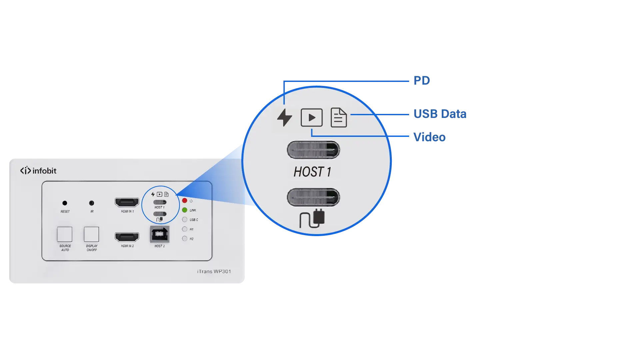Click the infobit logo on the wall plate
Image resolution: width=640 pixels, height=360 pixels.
click(x=38, y=171)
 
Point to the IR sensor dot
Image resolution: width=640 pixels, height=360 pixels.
click(x=92, y=203)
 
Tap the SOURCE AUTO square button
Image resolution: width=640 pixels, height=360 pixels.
click(x=65, y=234)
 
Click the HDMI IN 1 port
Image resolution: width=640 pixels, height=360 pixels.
click(x=127, y=202)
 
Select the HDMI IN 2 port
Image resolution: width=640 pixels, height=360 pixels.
click(x=127, y=237)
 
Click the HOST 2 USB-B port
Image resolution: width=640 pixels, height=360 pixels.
click(x=160, y=234)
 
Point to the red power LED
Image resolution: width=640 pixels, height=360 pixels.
click(x=185, y=200)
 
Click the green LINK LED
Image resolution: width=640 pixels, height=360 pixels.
click(x=185, y=210)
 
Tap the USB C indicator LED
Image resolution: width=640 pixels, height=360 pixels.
click(x=185, y=219)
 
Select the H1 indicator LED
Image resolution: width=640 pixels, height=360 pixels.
click(x=185, y=229)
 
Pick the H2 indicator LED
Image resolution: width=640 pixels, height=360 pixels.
click(x=185, y=238)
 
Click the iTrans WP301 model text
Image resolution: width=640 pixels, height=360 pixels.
click(x=214, y=271)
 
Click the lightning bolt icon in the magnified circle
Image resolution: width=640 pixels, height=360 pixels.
click(x=285, y=118)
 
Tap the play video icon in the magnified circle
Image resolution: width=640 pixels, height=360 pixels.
click(x=312, y=118)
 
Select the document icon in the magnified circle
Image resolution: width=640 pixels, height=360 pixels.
click(x=338, y=118)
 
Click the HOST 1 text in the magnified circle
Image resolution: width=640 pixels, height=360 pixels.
click(x=313, y=172)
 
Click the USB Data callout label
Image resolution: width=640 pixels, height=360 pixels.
click(x=439, y=114)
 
